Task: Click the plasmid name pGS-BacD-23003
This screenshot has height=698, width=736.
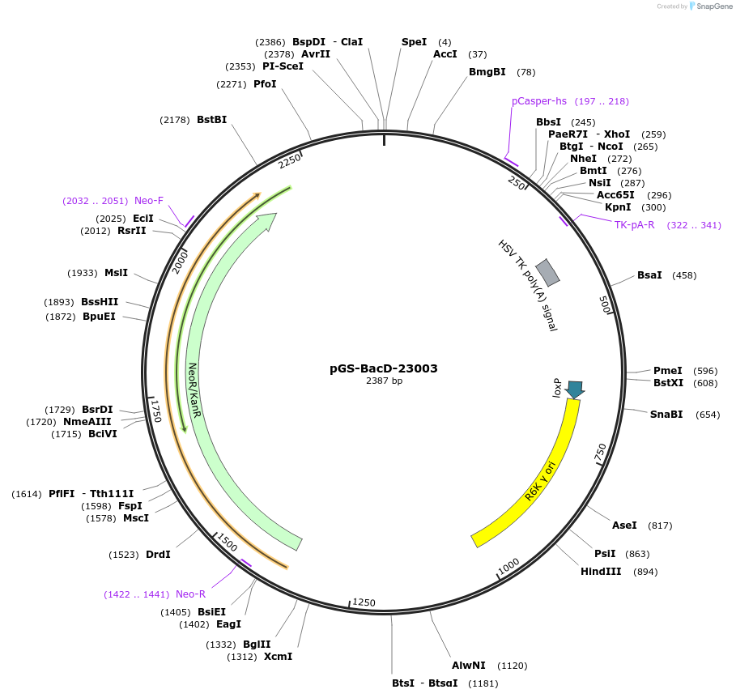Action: [384, 368]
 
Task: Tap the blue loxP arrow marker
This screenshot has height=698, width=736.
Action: [575, 389]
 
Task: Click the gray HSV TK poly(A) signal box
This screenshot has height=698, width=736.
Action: [548, 272]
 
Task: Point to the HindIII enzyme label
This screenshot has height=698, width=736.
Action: [601, 572]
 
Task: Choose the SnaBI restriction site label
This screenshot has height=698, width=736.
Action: [666, 415]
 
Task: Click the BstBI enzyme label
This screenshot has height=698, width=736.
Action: [211, 120]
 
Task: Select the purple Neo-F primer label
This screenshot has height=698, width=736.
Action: [149, 201]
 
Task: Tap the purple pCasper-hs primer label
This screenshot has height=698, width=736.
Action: [539, 101]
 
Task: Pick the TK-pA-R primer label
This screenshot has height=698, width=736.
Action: [634, 225]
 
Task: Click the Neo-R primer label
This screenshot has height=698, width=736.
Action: [191, 594]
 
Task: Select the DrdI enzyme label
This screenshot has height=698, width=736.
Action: [158, 555]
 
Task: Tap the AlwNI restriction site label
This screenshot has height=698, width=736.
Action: [469, 666]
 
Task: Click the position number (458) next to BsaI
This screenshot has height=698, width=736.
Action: [684, 275]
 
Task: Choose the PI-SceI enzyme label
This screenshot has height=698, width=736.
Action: [283, 66]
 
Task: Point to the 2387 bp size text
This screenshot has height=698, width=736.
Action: [384, 381]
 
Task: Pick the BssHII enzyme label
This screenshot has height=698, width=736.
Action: [100, 302]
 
